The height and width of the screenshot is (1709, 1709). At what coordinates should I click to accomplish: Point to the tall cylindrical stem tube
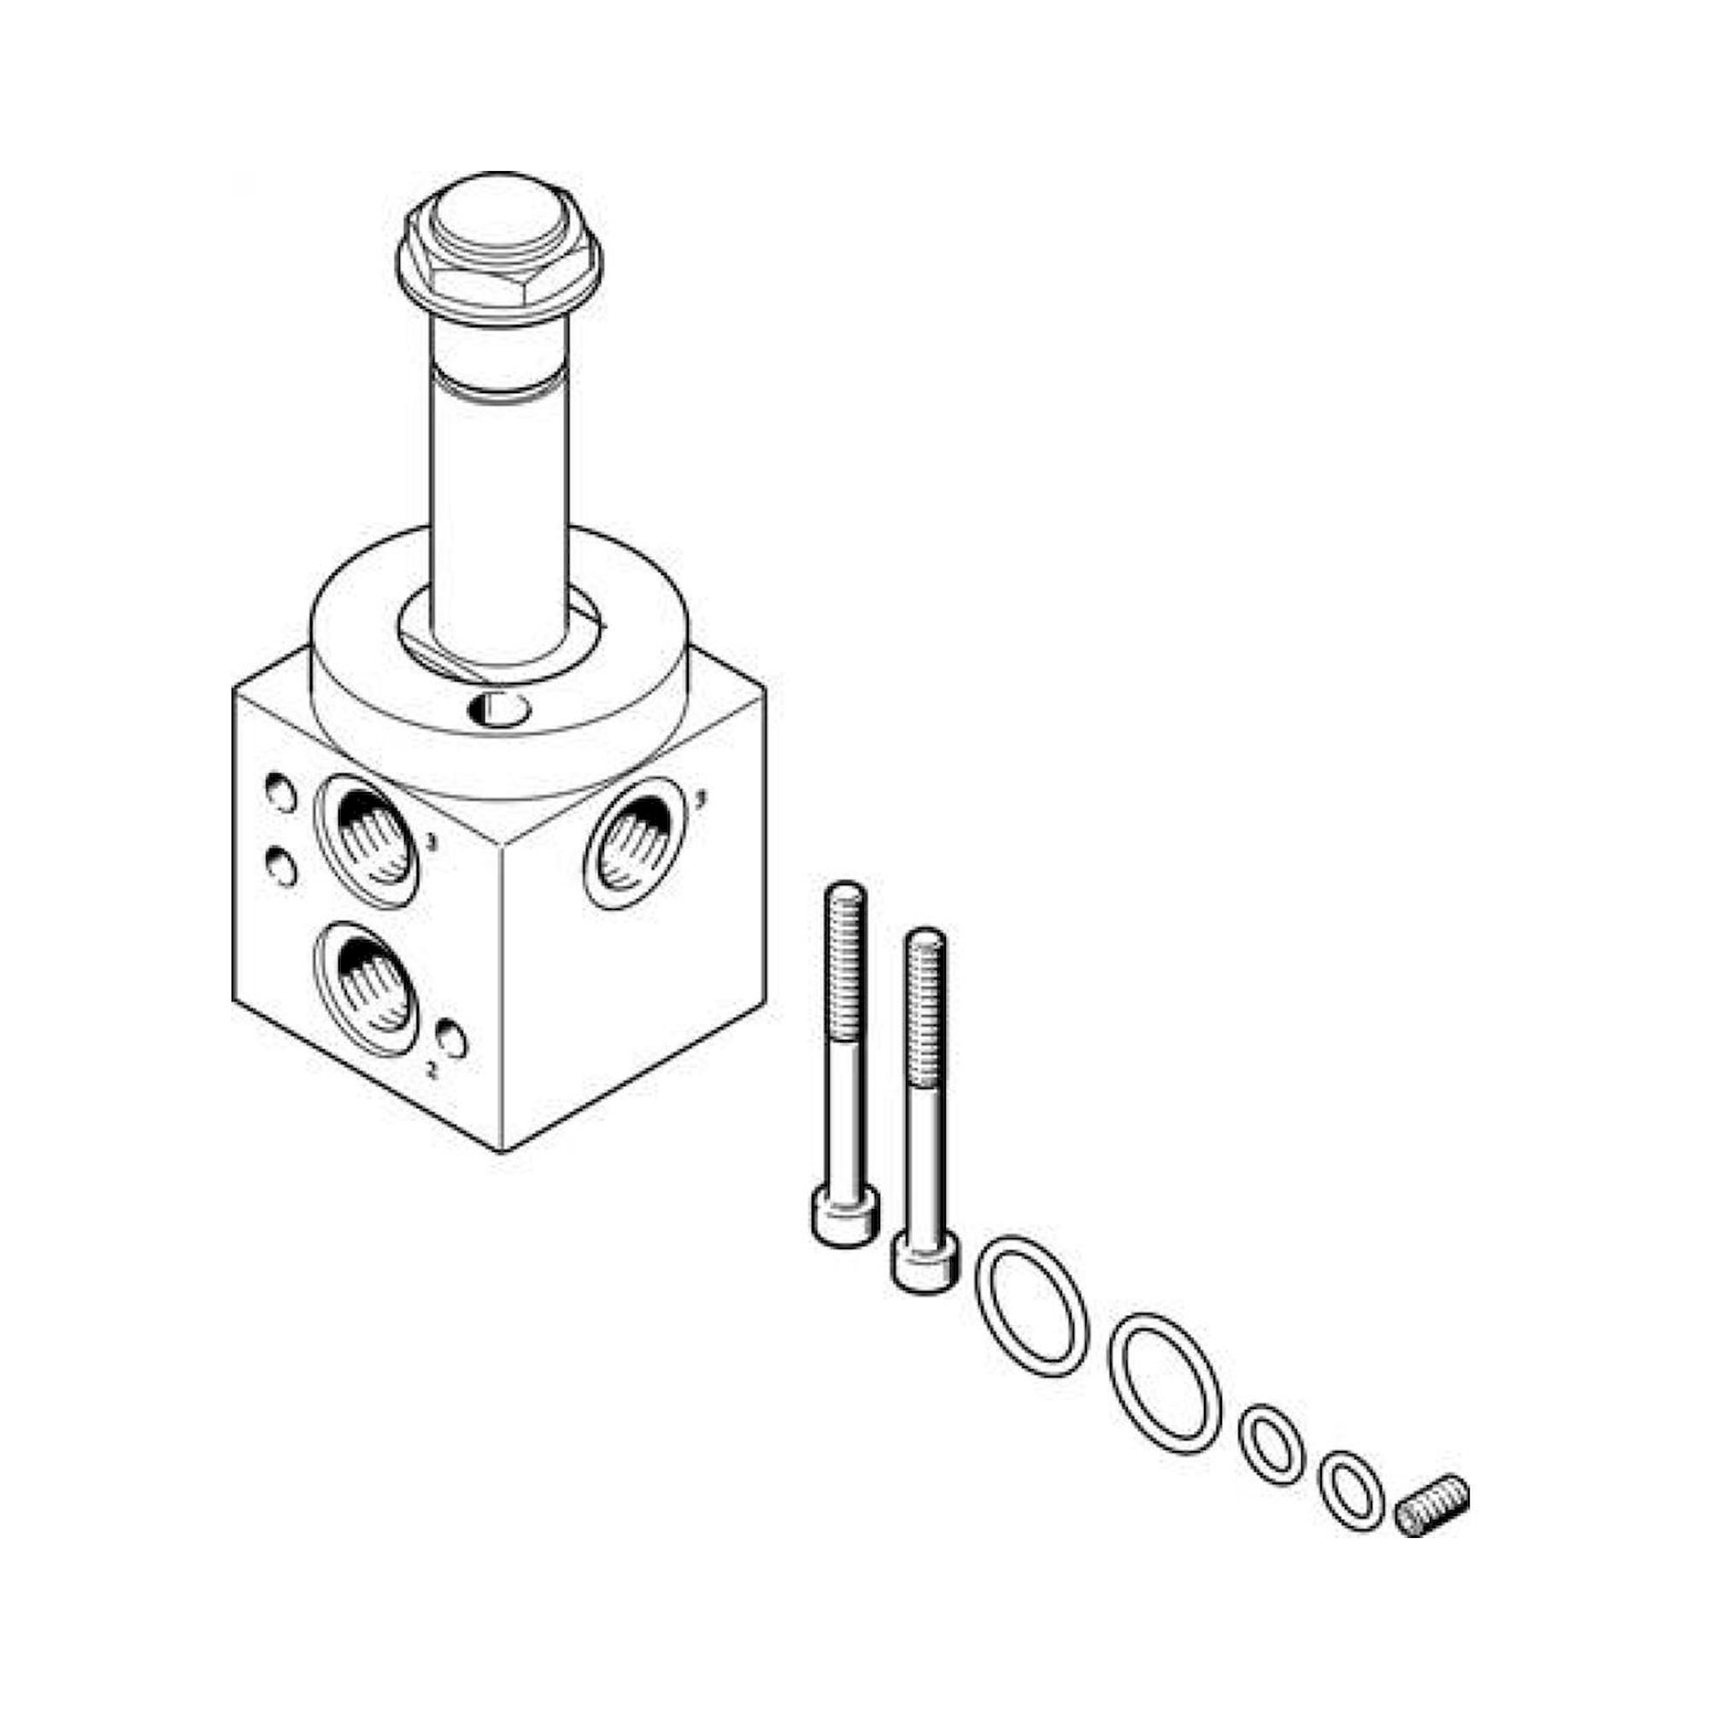point(498,496)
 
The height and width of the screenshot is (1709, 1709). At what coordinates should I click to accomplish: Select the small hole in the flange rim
point(500,708)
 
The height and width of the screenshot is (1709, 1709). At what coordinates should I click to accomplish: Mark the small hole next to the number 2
point(452,1039)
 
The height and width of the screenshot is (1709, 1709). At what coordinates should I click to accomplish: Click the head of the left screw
point(845,1217)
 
